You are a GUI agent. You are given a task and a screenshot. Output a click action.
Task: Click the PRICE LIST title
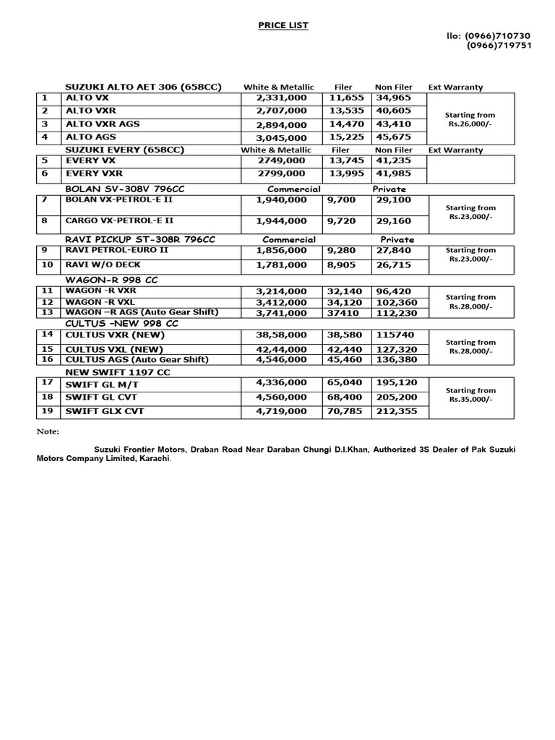(283, 25)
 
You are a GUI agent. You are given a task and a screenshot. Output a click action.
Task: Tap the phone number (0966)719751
(499, 45)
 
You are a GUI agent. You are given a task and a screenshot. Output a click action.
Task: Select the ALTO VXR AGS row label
(103, 124)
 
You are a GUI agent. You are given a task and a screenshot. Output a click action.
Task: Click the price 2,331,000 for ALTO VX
(281, 98)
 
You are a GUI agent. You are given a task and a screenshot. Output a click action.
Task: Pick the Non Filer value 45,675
(392, 137)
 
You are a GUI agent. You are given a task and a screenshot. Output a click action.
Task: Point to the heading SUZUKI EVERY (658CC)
(124, 150)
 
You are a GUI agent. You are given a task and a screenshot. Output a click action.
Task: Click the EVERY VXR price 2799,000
(281, 174)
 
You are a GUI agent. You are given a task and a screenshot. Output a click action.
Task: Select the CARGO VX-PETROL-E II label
(119, 220)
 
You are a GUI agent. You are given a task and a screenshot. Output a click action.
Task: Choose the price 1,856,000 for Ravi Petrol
(281, 251)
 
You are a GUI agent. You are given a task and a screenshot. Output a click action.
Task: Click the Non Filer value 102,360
(395, 302)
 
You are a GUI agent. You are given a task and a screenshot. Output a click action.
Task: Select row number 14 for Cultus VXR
(48, 335)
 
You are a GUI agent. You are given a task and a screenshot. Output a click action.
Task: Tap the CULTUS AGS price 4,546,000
(281, 359)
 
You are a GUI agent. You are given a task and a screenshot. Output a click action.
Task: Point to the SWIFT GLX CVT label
(105, 411)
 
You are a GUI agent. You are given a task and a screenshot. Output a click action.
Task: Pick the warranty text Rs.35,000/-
(470, 399)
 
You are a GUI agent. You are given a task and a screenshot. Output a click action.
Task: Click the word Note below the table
(48, 431)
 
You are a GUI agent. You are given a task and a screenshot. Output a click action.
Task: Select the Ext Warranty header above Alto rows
(455, 87)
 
